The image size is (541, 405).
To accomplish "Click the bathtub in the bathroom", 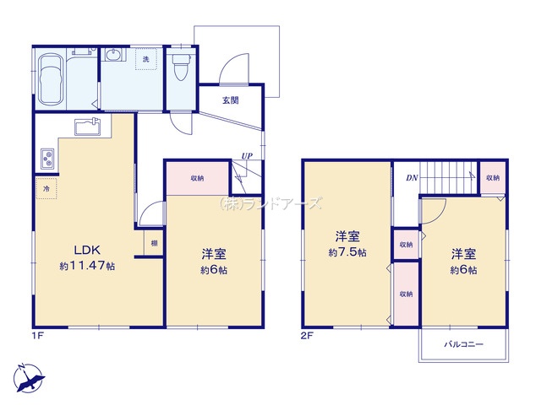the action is click(x=51, y=79).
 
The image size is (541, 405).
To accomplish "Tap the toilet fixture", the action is click(x=180, y=67).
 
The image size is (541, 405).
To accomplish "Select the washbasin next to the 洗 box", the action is click(x=113, y=55).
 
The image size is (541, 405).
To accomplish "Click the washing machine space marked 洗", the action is click(x=146, y=59).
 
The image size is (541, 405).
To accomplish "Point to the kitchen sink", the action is click(x=87, y=127).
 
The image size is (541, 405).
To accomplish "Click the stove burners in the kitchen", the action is click(x=47, y=159).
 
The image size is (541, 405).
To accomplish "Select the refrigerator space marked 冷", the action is click(x=46, y=188).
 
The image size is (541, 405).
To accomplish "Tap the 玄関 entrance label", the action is click(x=230, y=100).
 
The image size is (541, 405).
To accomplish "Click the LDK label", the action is click(x=87, y=250).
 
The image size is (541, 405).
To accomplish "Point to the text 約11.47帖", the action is click(x=87, y=266).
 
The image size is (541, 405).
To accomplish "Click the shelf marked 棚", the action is click(x=154, y=244).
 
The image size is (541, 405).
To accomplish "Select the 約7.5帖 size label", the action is click(x=347, y=252).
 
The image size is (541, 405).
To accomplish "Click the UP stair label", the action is click(x=247, y=155).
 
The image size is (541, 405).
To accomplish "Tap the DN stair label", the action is click(x=412, y=178).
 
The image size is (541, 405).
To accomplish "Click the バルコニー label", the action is click(x=464, y=344).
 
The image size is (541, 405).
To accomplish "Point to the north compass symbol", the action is click(x=28, y=378).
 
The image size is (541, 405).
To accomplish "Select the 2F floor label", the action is click(x=307, y=335).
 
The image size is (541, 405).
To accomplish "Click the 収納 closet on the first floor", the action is click(x=197, y=178).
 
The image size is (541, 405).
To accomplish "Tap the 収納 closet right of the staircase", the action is click(x=493, y=178).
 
